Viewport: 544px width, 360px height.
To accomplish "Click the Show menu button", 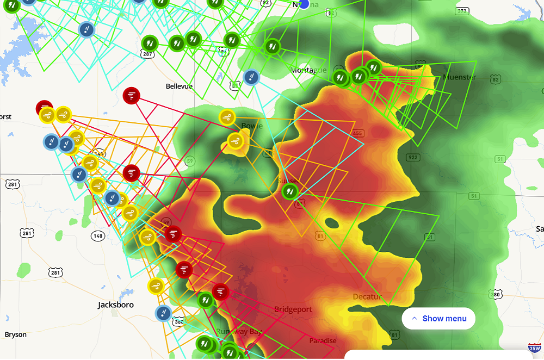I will tap(438, 319).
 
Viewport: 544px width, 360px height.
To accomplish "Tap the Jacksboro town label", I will tap(115, 305).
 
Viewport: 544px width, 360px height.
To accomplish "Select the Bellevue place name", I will tap(179, 86).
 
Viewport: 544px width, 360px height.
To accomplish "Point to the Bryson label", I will tap(15, 334).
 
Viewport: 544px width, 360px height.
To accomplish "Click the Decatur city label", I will tap(367, 297).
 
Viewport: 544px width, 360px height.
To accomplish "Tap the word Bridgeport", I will tap(293, 309).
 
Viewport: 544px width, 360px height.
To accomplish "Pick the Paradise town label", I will tap(323, 341).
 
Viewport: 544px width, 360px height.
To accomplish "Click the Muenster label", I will tap(459, 77).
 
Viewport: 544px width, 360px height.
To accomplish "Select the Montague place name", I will tap(308, 70).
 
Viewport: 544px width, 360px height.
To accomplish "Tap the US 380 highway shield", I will tap(496, 295).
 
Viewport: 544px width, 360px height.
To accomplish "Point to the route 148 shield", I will tap(98, 235).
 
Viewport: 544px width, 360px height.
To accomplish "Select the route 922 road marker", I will tap(412, 158).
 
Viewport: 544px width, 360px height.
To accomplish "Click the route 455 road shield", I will tap(357, 133).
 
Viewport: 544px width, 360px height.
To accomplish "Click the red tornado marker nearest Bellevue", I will tap(132, 96).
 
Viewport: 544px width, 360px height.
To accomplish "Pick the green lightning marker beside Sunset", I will tap(290, 190).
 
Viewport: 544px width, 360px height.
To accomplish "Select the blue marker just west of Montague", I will tap(251, 77).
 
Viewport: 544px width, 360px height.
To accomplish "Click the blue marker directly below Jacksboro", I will tap(163, 313).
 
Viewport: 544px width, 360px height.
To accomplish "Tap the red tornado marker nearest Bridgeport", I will tap(220, 291).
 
